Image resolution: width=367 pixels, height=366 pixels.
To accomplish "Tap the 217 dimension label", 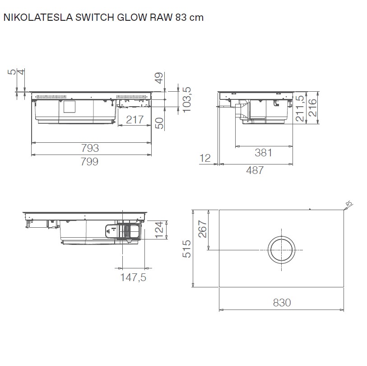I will tap(134, 120).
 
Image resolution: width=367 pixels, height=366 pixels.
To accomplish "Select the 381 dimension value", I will tap(263, 153).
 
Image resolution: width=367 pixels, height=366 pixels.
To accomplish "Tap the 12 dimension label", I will tap(205, 158).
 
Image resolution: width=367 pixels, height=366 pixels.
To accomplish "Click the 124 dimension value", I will tap(159, 228).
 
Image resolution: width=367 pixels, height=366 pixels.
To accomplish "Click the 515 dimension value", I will tap(186, 248).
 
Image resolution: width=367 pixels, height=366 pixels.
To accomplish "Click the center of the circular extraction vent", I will tap(282, 250).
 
